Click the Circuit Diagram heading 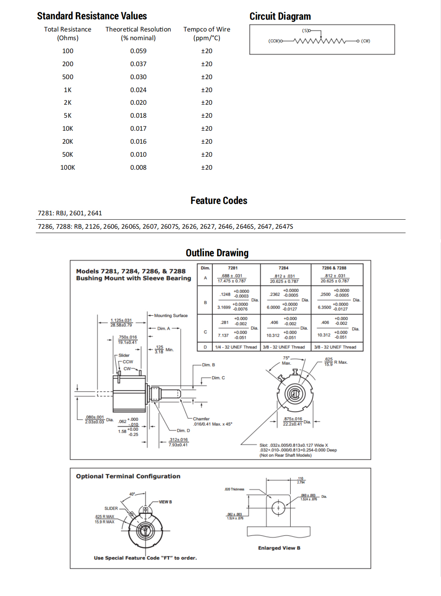coord(280,17)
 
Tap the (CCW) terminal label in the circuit coord(274,41)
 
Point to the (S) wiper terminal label coord(306,30)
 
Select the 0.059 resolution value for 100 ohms coord(138,51)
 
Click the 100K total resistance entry coord(68,167)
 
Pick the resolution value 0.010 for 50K coord(138,154)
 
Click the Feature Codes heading coord(219,201)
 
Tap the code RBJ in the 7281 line coord(61,213)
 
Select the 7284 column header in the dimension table coord(283,268)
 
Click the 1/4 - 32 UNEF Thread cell coord(236,347)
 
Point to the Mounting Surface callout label coord(171,316)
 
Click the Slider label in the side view coord(124,355)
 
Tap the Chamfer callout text coord(201,419)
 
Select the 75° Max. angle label coord(287,361)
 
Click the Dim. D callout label coord(183,431)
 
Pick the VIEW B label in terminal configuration coord(165,502)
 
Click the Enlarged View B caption coord(279,548)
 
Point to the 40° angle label coord(132,494)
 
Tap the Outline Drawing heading coord(217,253)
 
